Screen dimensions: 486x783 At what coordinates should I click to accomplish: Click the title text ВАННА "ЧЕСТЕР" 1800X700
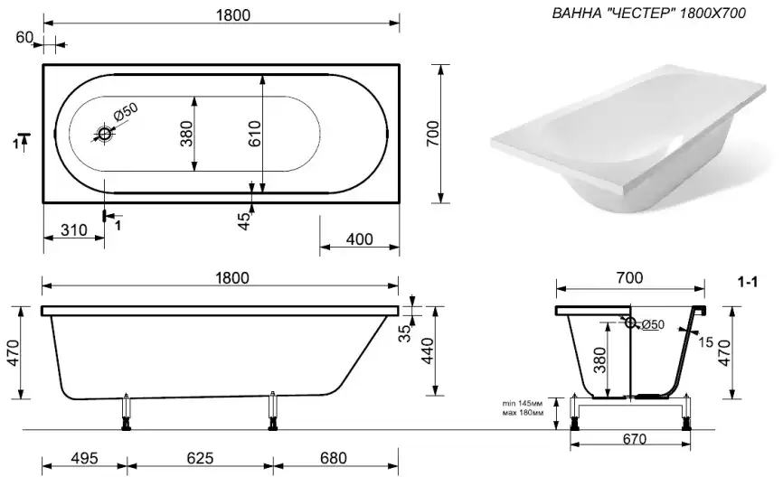tap(648, 15)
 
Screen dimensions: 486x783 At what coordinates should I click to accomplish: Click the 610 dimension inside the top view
tap(254, 134)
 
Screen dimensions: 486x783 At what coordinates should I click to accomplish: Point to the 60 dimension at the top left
tap(24, 37)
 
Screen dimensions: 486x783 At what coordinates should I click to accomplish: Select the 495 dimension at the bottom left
tap(83, 458)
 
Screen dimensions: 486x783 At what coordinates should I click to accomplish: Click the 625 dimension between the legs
tap(199, 458)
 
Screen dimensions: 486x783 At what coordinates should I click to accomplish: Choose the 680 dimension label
tap(333, 458)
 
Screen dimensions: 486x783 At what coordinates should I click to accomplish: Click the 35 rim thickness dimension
tap(406, 332)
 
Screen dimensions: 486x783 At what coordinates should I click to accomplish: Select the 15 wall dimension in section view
tap(705, 342)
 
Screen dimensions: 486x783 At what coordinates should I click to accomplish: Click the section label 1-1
tap(747, 284)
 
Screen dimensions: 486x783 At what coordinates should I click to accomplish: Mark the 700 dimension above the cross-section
tap(629, 278)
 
